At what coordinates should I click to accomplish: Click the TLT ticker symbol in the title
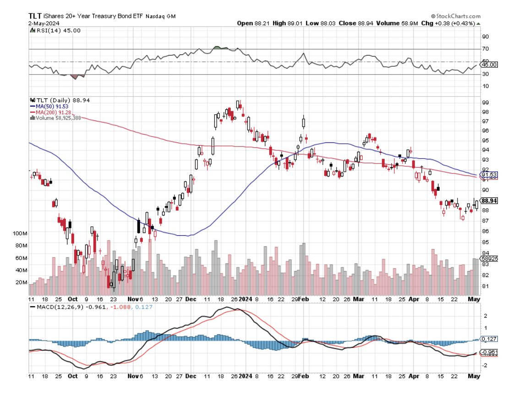click(x=35, y=16)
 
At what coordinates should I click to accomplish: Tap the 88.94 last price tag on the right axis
click(x=489, y=201)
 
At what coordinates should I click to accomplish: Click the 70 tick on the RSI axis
click(x=485, y=49)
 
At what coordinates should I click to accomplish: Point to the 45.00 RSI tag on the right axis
click(x=487, y=65)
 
